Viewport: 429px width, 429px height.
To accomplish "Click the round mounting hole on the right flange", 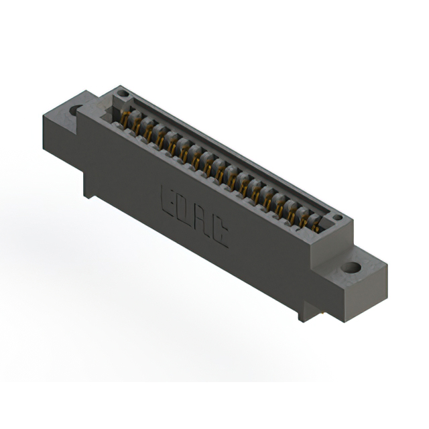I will pos(350,268).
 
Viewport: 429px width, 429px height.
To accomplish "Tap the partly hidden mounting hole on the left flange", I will pos(74,109).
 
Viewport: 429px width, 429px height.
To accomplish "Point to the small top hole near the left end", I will pos(123,93).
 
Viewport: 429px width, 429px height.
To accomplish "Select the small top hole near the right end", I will pos(338,217).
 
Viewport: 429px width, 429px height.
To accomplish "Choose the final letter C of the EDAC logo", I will pos(219,235).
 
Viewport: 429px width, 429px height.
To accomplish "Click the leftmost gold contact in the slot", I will pos(125,119).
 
